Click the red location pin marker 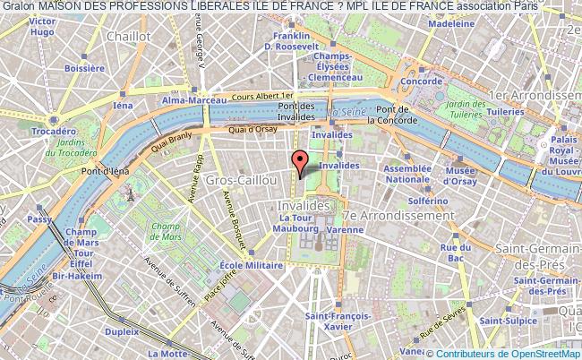[x=302, y=162]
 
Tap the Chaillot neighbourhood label [x=128, y=37]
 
